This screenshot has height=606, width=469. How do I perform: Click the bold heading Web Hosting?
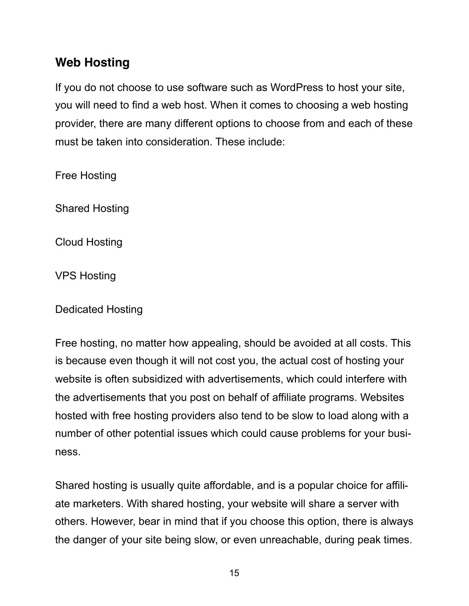(x=92, y=63)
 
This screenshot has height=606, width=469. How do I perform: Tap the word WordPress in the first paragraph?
(x=296, y=87)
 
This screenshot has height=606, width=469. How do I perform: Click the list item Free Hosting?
(x=86, y=176)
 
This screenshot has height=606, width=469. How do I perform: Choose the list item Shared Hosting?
(x=92, y=209)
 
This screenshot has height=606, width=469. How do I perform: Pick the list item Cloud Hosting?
(x=89, y=242)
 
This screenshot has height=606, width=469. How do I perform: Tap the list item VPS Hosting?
(x=86, y=276)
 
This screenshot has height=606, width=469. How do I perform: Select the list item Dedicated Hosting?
(x=99, y=310)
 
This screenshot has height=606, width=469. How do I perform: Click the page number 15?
(x=234, y=573)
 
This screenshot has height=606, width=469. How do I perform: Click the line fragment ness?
(x=68, y=452)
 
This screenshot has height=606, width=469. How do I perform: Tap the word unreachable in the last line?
(x=290, y=540)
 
